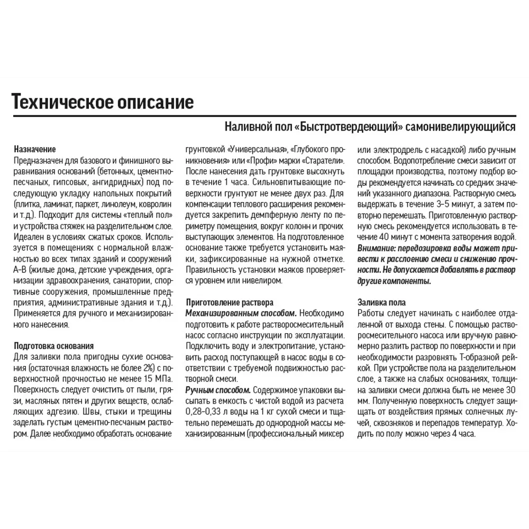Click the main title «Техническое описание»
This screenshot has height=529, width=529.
(x=103, y=101)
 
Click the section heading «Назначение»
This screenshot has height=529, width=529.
(x=35, y=150)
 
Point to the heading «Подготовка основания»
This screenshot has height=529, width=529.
(x=54, y=345)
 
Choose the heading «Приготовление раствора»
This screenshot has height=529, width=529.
(x=230, y=303)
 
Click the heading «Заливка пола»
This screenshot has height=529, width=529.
(x=382, y=303)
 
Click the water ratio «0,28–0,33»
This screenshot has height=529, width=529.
(x=205, y=412)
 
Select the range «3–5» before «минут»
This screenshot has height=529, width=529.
(x=436, y=204)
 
